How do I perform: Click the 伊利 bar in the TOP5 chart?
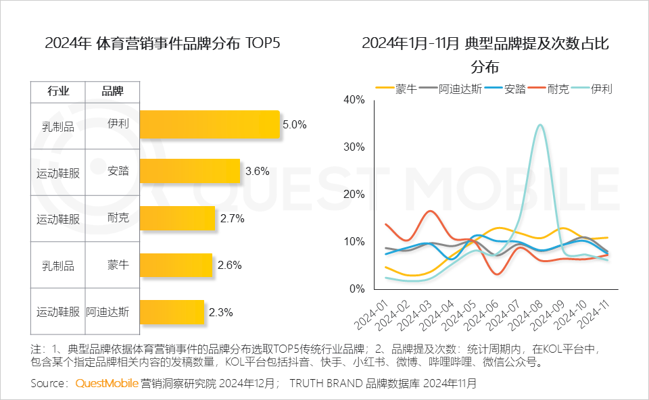point(210,125)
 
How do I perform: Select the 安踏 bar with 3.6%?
point(190,172)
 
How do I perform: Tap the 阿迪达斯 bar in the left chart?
point(172,312)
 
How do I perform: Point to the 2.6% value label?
point(230,266)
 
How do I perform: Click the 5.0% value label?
point(295,125)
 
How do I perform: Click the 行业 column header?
point(58,92)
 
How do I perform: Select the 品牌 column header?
point(112,92)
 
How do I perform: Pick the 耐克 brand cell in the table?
point(118,218)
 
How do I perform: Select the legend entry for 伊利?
point(600,89)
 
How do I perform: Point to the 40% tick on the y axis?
point(354,100)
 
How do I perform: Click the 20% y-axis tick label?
point(354,195)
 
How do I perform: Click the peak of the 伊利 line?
point(539,125)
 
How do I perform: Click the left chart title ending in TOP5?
point(162,43)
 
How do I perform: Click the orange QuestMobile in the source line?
point(106,384)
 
